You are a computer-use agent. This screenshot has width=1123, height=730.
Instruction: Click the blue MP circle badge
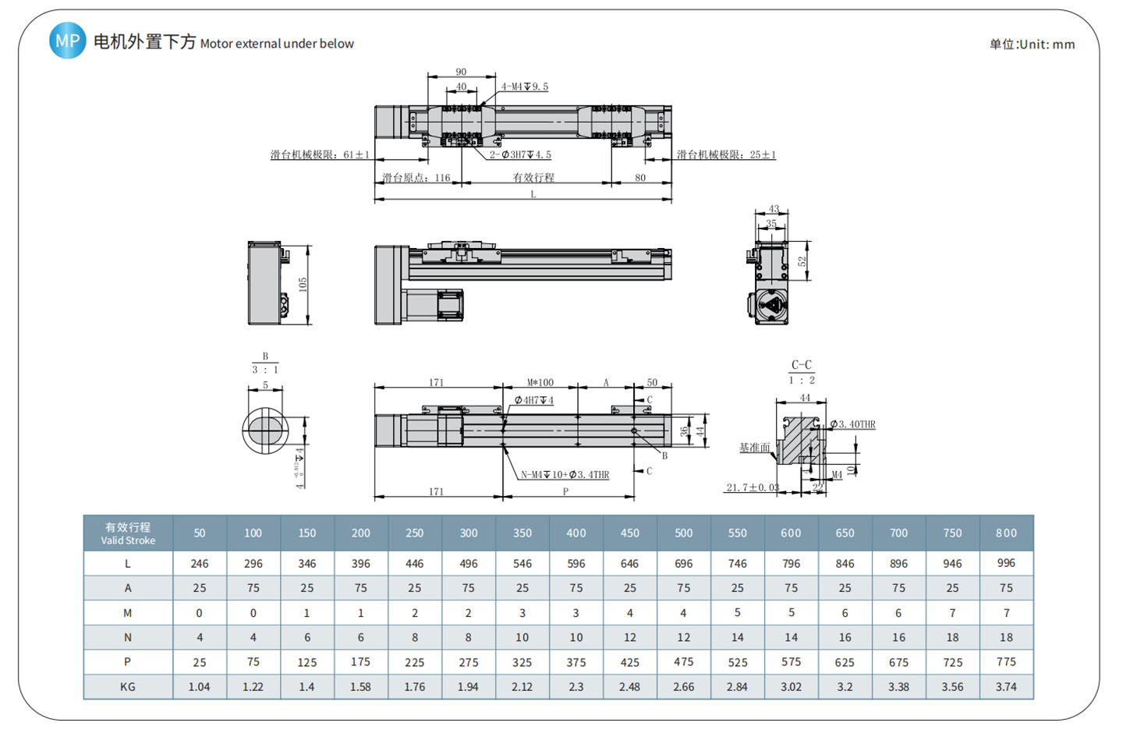[x=67, y=41]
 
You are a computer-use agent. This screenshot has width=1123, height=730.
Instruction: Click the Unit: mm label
[x=1032, y=44]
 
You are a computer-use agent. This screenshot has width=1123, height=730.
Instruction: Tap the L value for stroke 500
[x=683, y=563]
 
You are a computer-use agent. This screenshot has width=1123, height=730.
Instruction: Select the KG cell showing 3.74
[x=1006, y=686]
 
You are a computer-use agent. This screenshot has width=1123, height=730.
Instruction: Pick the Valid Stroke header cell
[x=128, y=533]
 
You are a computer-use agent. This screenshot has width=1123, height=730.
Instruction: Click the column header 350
[x=522, y=533]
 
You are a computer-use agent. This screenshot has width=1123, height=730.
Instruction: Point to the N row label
[x=128, y=637]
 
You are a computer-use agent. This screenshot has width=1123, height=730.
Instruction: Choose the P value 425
[x=629, y=662]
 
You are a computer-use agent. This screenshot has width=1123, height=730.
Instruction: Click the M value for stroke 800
[x=1006, y=613]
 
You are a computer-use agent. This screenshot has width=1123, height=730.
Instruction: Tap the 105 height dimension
[x=303, y=284]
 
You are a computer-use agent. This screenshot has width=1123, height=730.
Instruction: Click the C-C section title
[x=801, y=364]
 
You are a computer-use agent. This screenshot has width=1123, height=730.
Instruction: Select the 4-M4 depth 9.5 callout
[x=524, y=87]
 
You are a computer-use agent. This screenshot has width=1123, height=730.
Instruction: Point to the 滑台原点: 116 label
[x=416, y=178]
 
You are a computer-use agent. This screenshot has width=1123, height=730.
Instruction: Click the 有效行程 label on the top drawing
[x=533, y=178]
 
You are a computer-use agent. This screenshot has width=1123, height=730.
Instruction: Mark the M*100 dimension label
[x=540, y=382]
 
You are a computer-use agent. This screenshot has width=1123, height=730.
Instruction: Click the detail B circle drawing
[x=265, y=429]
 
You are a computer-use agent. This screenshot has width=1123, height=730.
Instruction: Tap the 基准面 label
[x=754, y=448]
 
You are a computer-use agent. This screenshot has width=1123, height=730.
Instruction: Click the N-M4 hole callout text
[x=565, y=474]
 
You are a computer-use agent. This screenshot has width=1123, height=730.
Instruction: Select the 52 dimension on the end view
[x=802, y=262]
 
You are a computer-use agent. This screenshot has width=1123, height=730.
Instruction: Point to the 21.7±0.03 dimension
[x=753, y=487]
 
